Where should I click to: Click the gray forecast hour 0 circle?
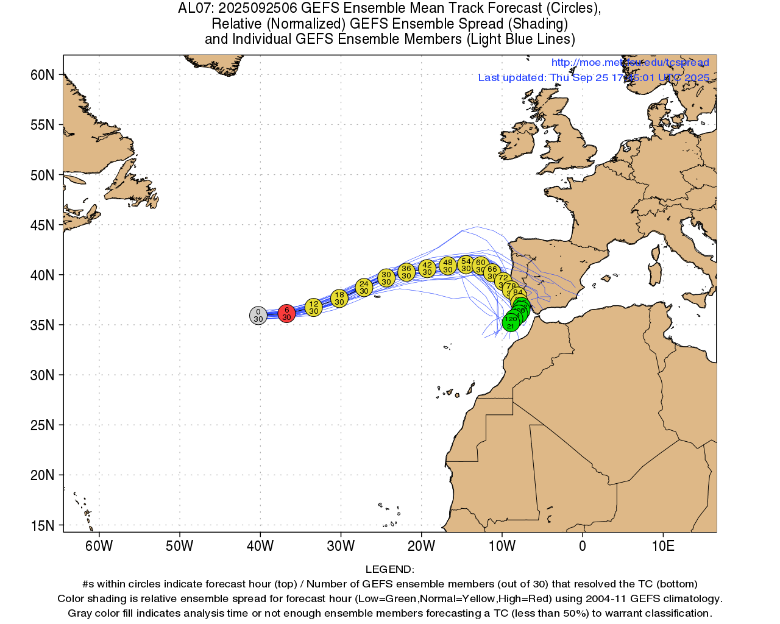(x=258, y=316)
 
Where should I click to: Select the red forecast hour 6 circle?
(x=286, y=313)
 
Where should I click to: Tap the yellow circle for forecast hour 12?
(x=313, y=307)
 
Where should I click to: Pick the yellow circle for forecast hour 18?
(x=339, y=298)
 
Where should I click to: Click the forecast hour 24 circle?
(x=364, y=287)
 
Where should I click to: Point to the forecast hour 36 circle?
(x=406, y=272)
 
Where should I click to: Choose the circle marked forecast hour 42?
(x=427, y=268)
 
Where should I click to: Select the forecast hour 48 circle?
(x=448, y=266)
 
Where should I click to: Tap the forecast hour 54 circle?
(x=466, y=264)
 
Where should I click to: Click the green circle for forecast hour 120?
(x=511, y=322)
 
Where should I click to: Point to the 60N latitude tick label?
(x=42, y=75)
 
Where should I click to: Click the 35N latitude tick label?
(x=42, y=325)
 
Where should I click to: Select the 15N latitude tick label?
(x=42, y=526)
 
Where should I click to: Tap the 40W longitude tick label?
(x=260, y=546)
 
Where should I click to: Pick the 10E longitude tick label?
(x=663, y=546)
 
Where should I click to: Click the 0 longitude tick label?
(x=583, y=546)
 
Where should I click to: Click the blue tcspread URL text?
(x=630, y=63)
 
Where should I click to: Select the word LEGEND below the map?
(x=389, y=570)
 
